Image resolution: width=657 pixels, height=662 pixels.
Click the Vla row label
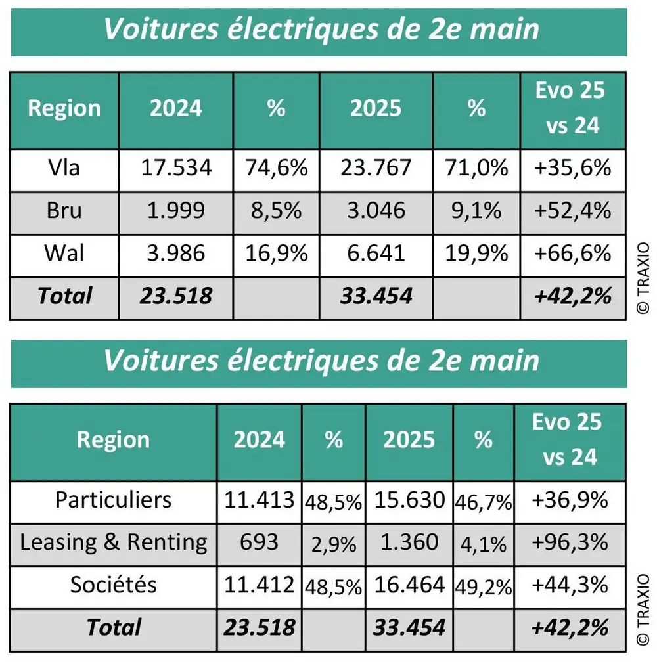click(x=64, y=168)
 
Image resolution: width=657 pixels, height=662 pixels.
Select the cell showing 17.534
click(x=176, y=168)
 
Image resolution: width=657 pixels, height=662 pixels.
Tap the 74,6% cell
click(x=277, y=168)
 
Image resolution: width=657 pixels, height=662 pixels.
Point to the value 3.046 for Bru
click(x=376, y=211)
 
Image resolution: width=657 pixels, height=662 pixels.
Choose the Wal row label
click(x=64, y=253)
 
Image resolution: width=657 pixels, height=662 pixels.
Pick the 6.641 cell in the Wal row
click(x=376, y=253)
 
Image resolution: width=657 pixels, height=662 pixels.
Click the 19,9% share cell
click(x=476, y=253)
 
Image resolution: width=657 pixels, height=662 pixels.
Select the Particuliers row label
click(x=113, y=500)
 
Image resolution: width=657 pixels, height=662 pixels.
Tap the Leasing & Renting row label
click(x=113, y=542)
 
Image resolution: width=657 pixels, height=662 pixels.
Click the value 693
click(x=259, y=542)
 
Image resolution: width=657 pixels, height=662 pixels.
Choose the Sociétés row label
click(x=113, y=585)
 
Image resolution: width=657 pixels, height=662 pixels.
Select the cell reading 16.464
click(x=409, y=585)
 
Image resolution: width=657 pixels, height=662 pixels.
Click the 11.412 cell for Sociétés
click(x=259, y=585)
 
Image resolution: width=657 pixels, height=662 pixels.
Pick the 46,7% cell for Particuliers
click(x=483, y=502)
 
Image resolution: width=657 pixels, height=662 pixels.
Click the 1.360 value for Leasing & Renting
click(x=409, y=542)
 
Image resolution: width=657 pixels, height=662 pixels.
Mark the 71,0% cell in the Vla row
click(x=476, y=168)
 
